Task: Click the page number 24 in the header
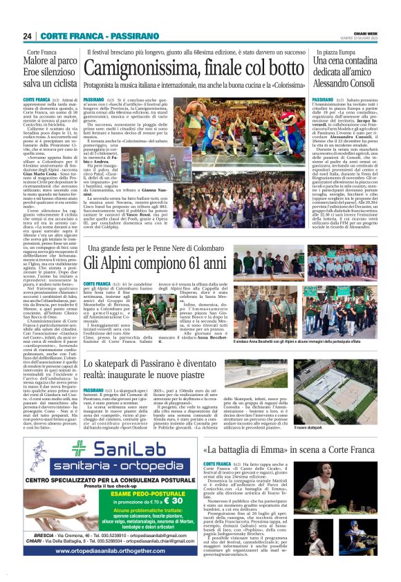coord(28,35)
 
